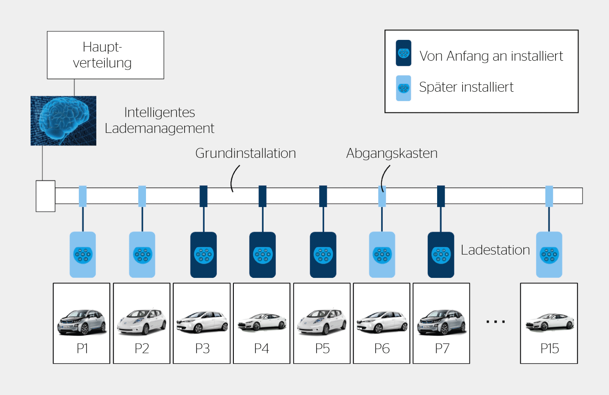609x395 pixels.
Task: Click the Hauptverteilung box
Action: [105, 55]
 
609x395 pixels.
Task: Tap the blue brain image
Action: [63, 121]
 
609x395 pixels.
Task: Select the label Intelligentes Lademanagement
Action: [160, 120]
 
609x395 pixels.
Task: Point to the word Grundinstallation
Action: [245, 153]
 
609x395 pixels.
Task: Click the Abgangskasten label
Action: [391, 153]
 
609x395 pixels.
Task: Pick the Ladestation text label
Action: [495, 250]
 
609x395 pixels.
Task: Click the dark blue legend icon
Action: [403, 53]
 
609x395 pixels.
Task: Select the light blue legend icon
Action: [403, 88]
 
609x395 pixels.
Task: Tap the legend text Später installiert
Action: [466, 87]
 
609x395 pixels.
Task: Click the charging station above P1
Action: [83, 255]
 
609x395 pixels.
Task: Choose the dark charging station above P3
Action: [203, 255]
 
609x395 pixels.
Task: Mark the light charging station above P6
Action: [382, 255]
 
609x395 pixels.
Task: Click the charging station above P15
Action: [549, 255]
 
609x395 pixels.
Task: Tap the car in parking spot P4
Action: [262, 322]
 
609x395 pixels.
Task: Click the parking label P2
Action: [142, 349]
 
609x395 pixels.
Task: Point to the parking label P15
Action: [549, 349]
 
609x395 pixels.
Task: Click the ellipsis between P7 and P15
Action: [495, 322]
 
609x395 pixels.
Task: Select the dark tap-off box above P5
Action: [323, 196]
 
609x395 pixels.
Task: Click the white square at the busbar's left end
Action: [45, 196]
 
